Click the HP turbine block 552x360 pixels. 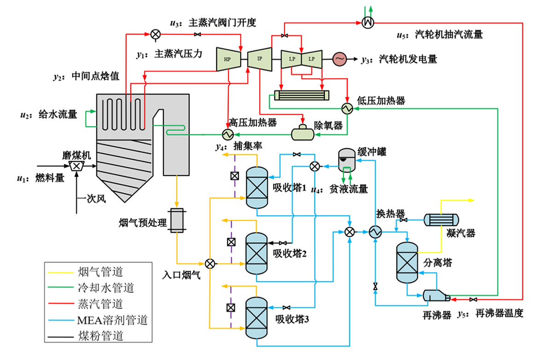(x=228, y=59)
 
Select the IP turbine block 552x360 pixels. (x=259, y=59)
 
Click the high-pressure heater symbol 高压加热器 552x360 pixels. (x=227, y=134)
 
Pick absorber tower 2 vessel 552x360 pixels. (x=256, y=253)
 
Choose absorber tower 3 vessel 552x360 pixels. (x=256, y=317)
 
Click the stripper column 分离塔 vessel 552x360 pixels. (x=407, y=262)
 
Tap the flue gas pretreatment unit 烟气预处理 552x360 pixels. (x=176, y=221)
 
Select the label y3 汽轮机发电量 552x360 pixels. (x=399, y=59)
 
